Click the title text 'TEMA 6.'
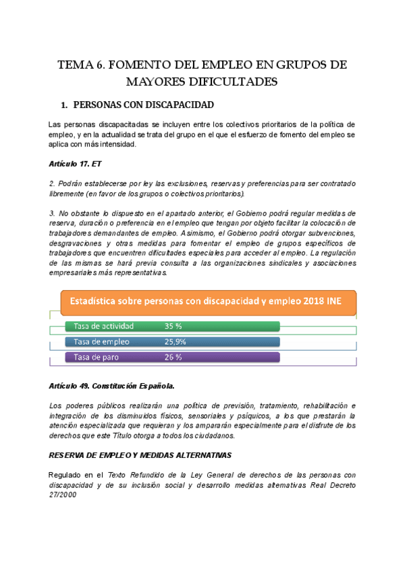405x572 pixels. point(81,65)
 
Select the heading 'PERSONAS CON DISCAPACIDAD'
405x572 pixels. point(142,105)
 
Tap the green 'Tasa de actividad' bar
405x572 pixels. point(173,326)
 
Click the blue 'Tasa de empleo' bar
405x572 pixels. point(173,341)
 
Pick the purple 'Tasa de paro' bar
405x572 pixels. point(173,357)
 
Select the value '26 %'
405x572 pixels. point(173,357)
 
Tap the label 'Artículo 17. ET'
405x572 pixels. point(76,164)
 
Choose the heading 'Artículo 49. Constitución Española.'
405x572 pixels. point(112,386)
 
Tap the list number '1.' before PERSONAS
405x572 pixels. point(65,105)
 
